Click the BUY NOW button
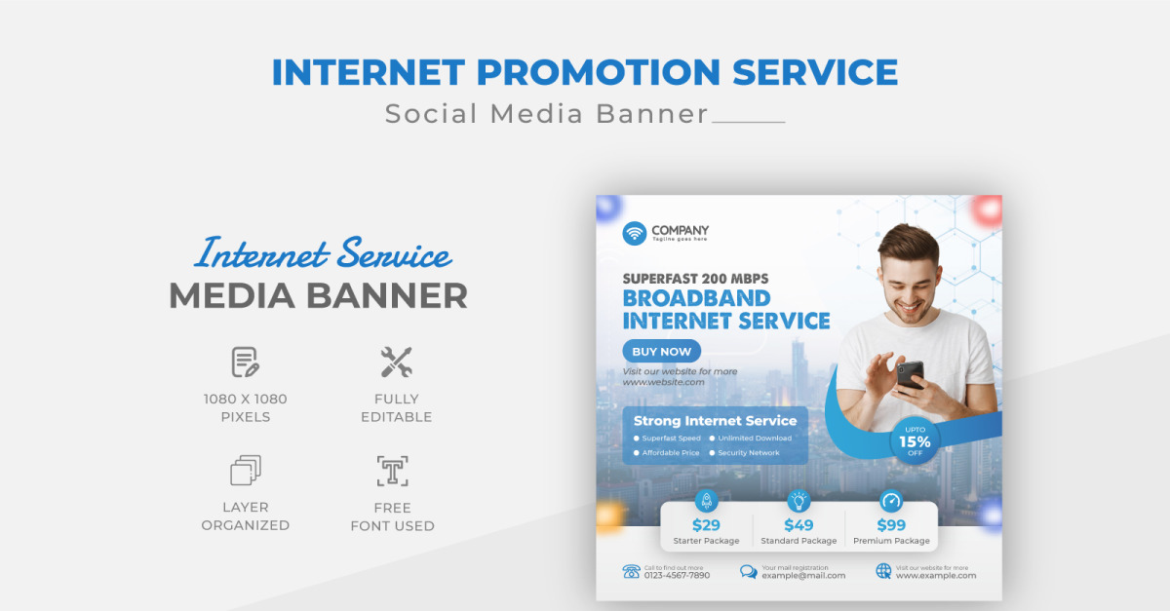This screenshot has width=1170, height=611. coord(661,352)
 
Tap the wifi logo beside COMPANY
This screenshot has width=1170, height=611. coord(635,233)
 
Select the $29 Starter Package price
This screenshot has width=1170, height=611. coord(706,525)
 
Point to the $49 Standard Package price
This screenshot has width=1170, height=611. coord(799,525)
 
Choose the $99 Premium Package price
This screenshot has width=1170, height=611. coord(891,525)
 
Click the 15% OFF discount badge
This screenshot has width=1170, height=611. coord(915,441)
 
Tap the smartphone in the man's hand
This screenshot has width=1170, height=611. coord(910,374)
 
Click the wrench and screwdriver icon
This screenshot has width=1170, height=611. coord(396,363)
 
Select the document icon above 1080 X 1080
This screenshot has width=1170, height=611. coord(245,363)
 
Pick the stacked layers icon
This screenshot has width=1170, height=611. coord(245,471)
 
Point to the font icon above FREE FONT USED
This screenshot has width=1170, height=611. coord(392,471)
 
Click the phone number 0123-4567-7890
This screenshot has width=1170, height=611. coord(677,575)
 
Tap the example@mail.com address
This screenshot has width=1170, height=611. coord(803,575)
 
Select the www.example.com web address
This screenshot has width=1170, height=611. coord(935,575)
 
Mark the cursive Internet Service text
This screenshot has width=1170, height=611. coord(323,254)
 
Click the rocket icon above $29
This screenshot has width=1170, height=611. coord(706,501)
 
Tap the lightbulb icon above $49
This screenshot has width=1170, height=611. coord(799,501)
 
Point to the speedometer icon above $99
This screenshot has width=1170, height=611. coord(891,501)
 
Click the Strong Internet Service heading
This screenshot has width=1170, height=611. coord(715,421)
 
